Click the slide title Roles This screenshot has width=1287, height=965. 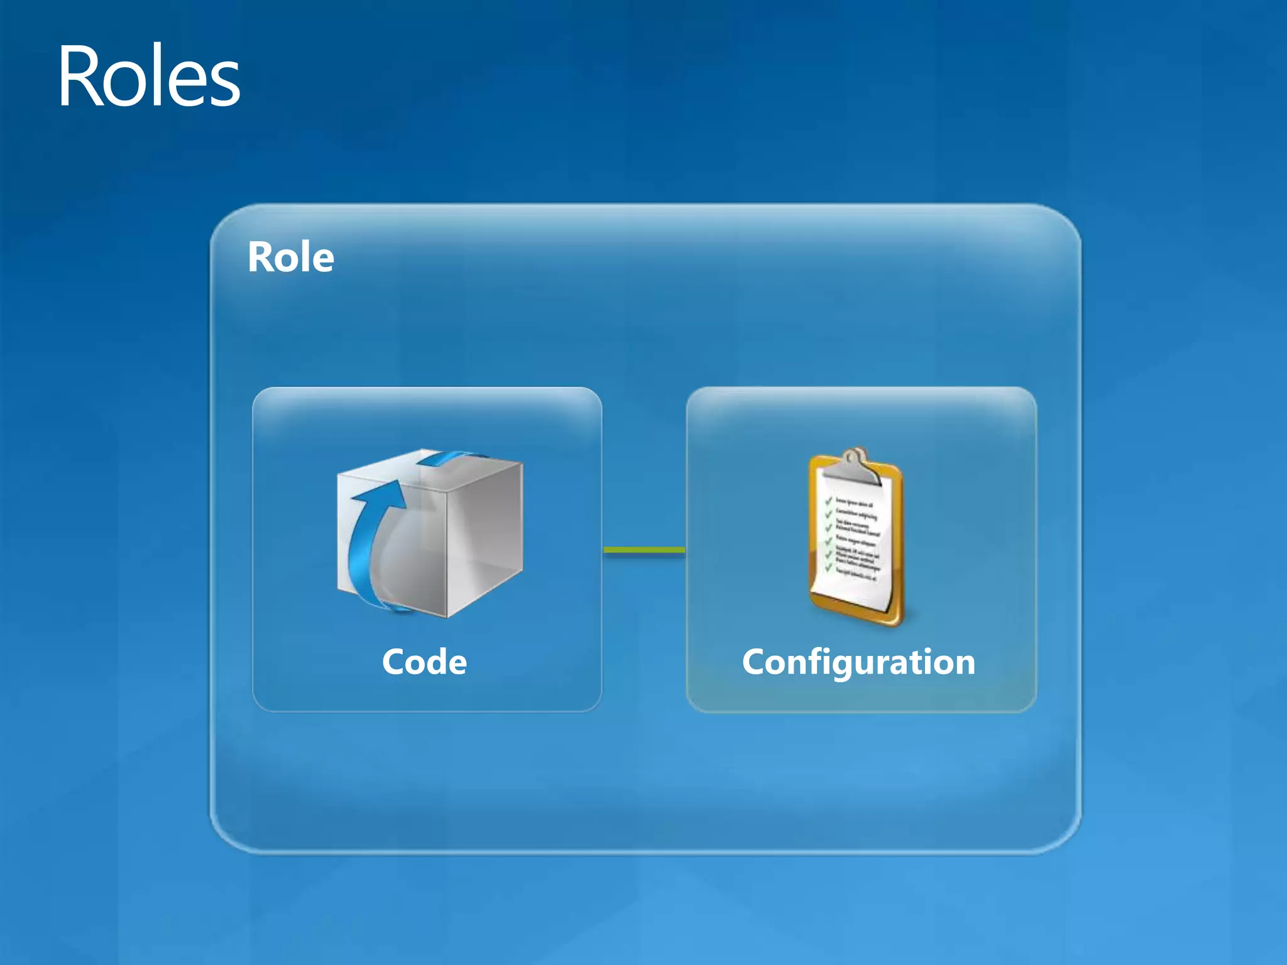[x=149, y=77]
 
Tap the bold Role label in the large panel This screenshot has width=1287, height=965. [x=290, y=257]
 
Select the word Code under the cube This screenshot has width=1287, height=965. [x=424, y=662]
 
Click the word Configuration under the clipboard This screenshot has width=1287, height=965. [x=858, y=662]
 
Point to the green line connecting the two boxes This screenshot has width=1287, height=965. [x=644, y=550]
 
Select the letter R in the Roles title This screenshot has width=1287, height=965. [x=80, y=77]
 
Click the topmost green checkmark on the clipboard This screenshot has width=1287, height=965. [x=829, y=501]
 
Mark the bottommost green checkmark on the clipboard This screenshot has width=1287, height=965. [x=829, y=567]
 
